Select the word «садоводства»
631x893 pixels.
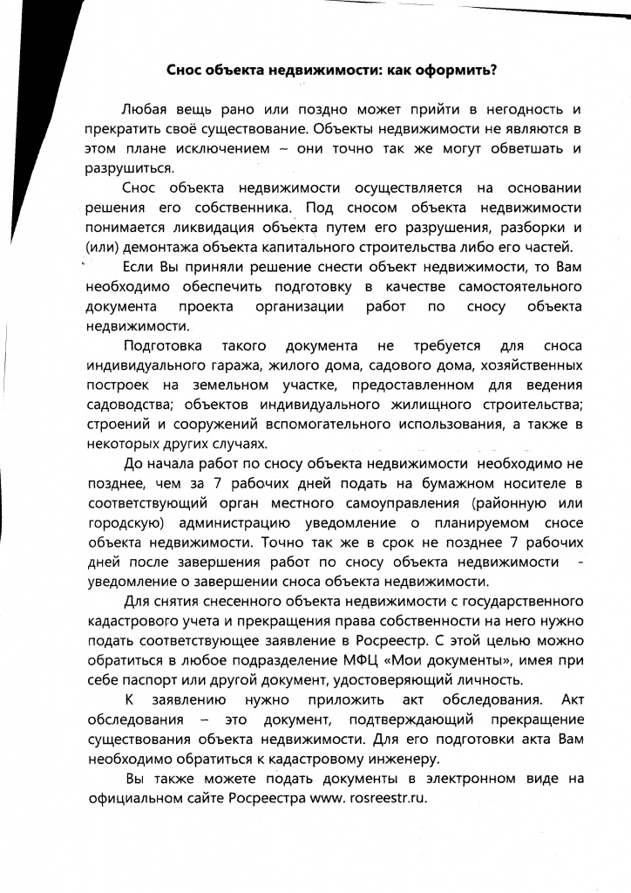coord(128,405)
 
